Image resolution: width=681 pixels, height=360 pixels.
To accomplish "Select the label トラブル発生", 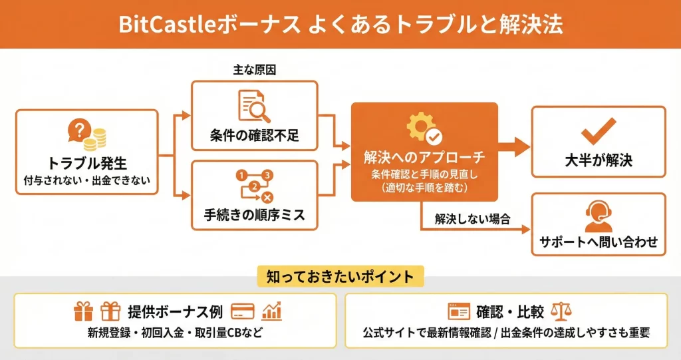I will click(87, 162).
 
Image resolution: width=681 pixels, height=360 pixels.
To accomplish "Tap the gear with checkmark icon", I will click(424, 128).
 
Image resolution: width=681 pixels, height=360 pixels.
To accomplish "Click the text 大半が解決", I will click(599, 160).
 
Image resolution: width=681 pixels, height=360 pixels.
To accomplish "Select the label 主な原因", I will click(254, 70).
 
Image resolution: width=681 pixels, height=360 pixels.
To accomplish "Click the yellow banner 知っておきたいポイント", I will click(339, 275).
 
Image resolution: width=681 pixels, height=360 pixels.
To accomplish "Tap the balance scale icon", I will click(563, 311).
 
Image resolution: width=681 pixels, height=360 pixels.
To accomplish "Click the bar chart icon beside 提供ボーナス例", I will click(272, 311).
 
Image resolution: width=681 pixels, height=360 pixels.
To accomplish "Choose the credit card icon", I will click(243, 311).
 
